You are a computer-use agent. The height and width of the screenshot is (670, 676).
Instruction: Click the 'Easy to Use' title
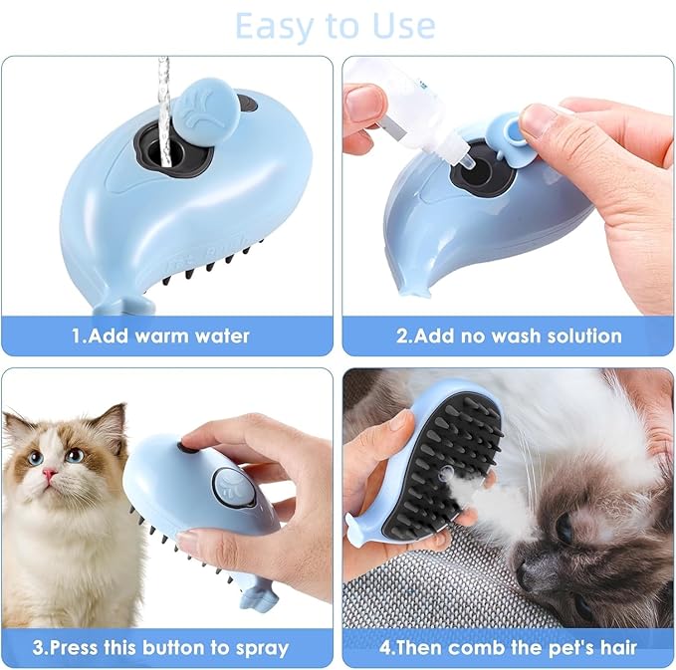335,26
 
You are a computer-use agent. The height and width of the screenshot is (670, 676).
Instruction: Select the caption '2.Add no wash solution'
509,335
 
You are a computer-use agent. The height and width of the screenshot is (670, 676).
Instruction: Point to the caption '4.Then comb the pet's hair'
509,647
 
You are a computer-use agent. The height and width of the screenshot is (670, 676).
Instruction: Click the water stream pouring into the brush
163,90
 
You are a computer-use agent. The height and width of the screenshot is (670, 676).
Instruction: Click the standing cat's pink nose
47,475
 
